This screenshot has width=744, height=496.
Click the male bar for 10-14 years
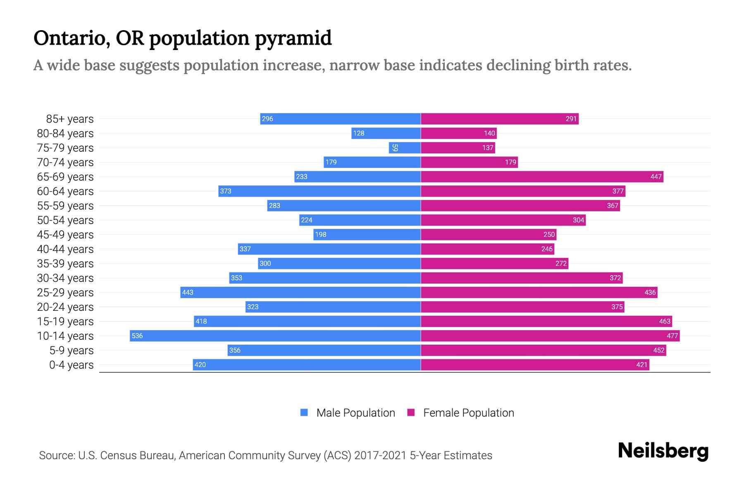pos(275,336)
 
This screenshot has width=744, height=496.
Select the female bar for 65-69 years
pos(542,176)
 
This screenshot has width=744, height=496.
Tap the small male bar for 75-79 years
pos(405,148)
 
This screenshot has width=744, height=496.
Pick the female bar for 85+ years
pos(500,119)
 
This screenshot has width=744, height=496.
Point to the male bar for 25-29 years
pos(300,292)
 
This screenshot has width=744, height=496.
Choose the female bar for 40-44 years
pos(487,249)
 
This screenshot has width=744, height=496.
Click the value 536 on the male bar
pos(137,336)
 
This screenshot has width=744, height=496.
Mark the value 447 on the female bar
pos(656,177)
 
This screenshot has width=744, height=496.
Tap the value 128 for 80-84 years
pos(359,134)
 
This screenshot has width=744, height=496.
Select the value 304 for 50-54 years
pos(578,220)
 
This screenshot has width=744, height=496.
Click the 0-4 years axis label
pos(71,365)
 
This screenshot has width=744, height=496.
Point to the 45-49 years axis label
pos(65,235)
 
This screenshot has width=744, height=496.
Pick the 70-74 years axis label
pos(65,162)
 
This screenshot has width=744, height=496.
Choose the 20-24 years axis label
pos(65,307)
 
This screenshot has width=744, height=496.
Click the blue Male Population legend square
pos(304,413)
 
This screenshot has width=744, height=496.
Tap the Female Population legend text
pos(468,413)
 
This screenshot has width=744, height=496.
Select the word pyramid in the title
pos(293,38)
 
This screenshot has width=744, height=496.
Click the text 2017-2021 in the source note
pos(380,455)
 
